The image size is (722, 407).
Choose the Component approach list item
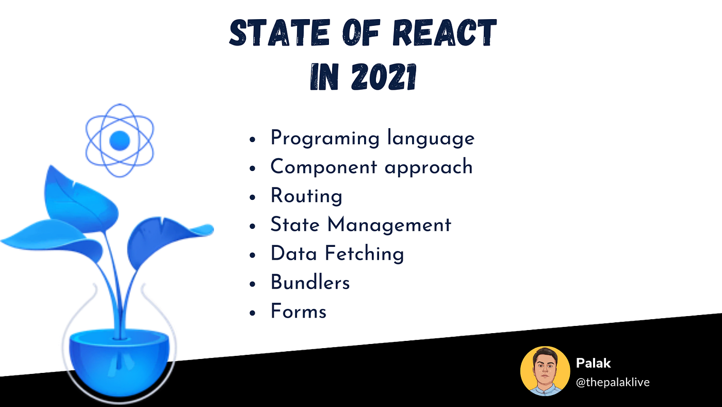(371, 167)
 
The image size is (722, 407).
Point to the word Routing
(306, 196)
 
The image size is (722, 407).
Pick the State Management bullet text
(360, 225)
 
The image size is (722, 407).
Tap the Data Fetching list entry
(337, 254)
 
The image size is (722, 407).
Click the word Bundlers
(310, 283)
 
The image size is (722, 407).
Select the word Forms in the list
(298, 311)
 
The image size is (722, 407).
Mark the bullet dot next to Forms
(252, 313)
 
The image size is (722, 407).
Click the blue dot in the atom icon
(120, 139)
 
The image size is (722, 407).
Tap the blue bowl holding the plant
(119, 356)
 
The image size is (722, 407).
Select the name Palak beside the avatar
(593, 363)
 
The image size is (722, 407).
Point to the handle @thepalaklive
(612, 382)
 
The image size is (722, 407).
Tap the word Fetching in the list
(364, 254)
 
